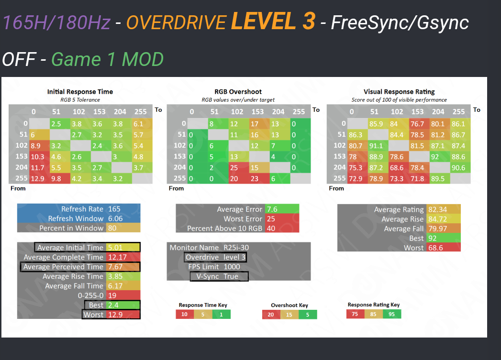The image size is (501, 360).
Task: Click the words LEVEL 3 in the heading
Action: (273, 22)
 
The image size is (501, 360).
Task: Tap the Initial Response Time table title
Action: (80, 91)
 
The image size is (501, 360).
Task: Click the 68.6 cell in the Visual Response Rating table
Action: (397, 167)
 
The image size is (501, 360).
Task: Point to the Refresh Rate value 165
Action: (114, 209)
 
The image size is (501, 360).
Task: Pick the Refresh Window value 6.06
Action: (115, 218)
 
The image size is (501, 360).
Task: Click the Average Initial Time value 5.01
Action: (116, 248)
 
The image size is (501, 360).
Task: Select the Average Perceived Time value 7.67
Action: (116, 267)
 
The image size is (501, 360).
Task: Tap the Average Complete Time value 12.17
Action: (118, 257)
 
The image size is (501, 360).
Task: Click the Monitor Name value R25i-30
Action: (236, 248)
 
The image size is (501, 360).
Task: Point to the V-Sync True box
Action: (219, 276)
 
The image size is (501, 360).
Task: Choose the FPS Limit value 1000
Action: (232, 267)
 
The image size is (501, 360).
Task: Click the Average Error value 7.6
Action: (272, 209)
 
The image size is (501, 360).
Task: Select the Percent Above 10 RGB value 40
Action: (270, 229)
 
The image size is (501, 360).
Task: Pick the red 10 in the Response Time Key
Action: (185, 315)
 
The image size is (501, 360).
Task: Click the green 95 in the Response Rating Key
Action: (392, 314)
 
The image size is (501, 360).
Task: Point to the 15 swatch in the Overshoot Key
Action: (289, 315)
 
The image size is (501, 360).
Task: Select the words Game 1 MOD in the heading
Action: (107, 59)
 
